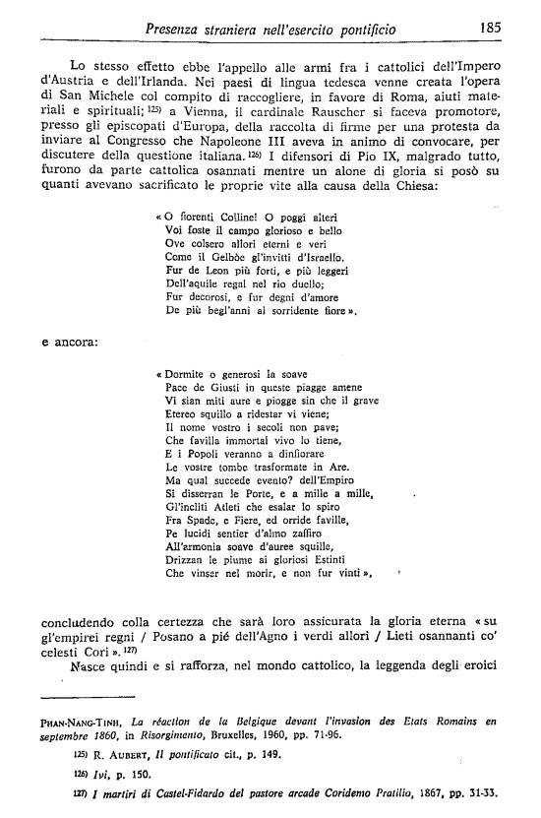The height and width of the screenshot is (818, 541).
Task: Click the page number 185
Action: click(x=491, y=29)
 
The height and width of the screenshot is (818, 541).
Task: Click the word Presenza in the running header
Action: click(x=175, y=30)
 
